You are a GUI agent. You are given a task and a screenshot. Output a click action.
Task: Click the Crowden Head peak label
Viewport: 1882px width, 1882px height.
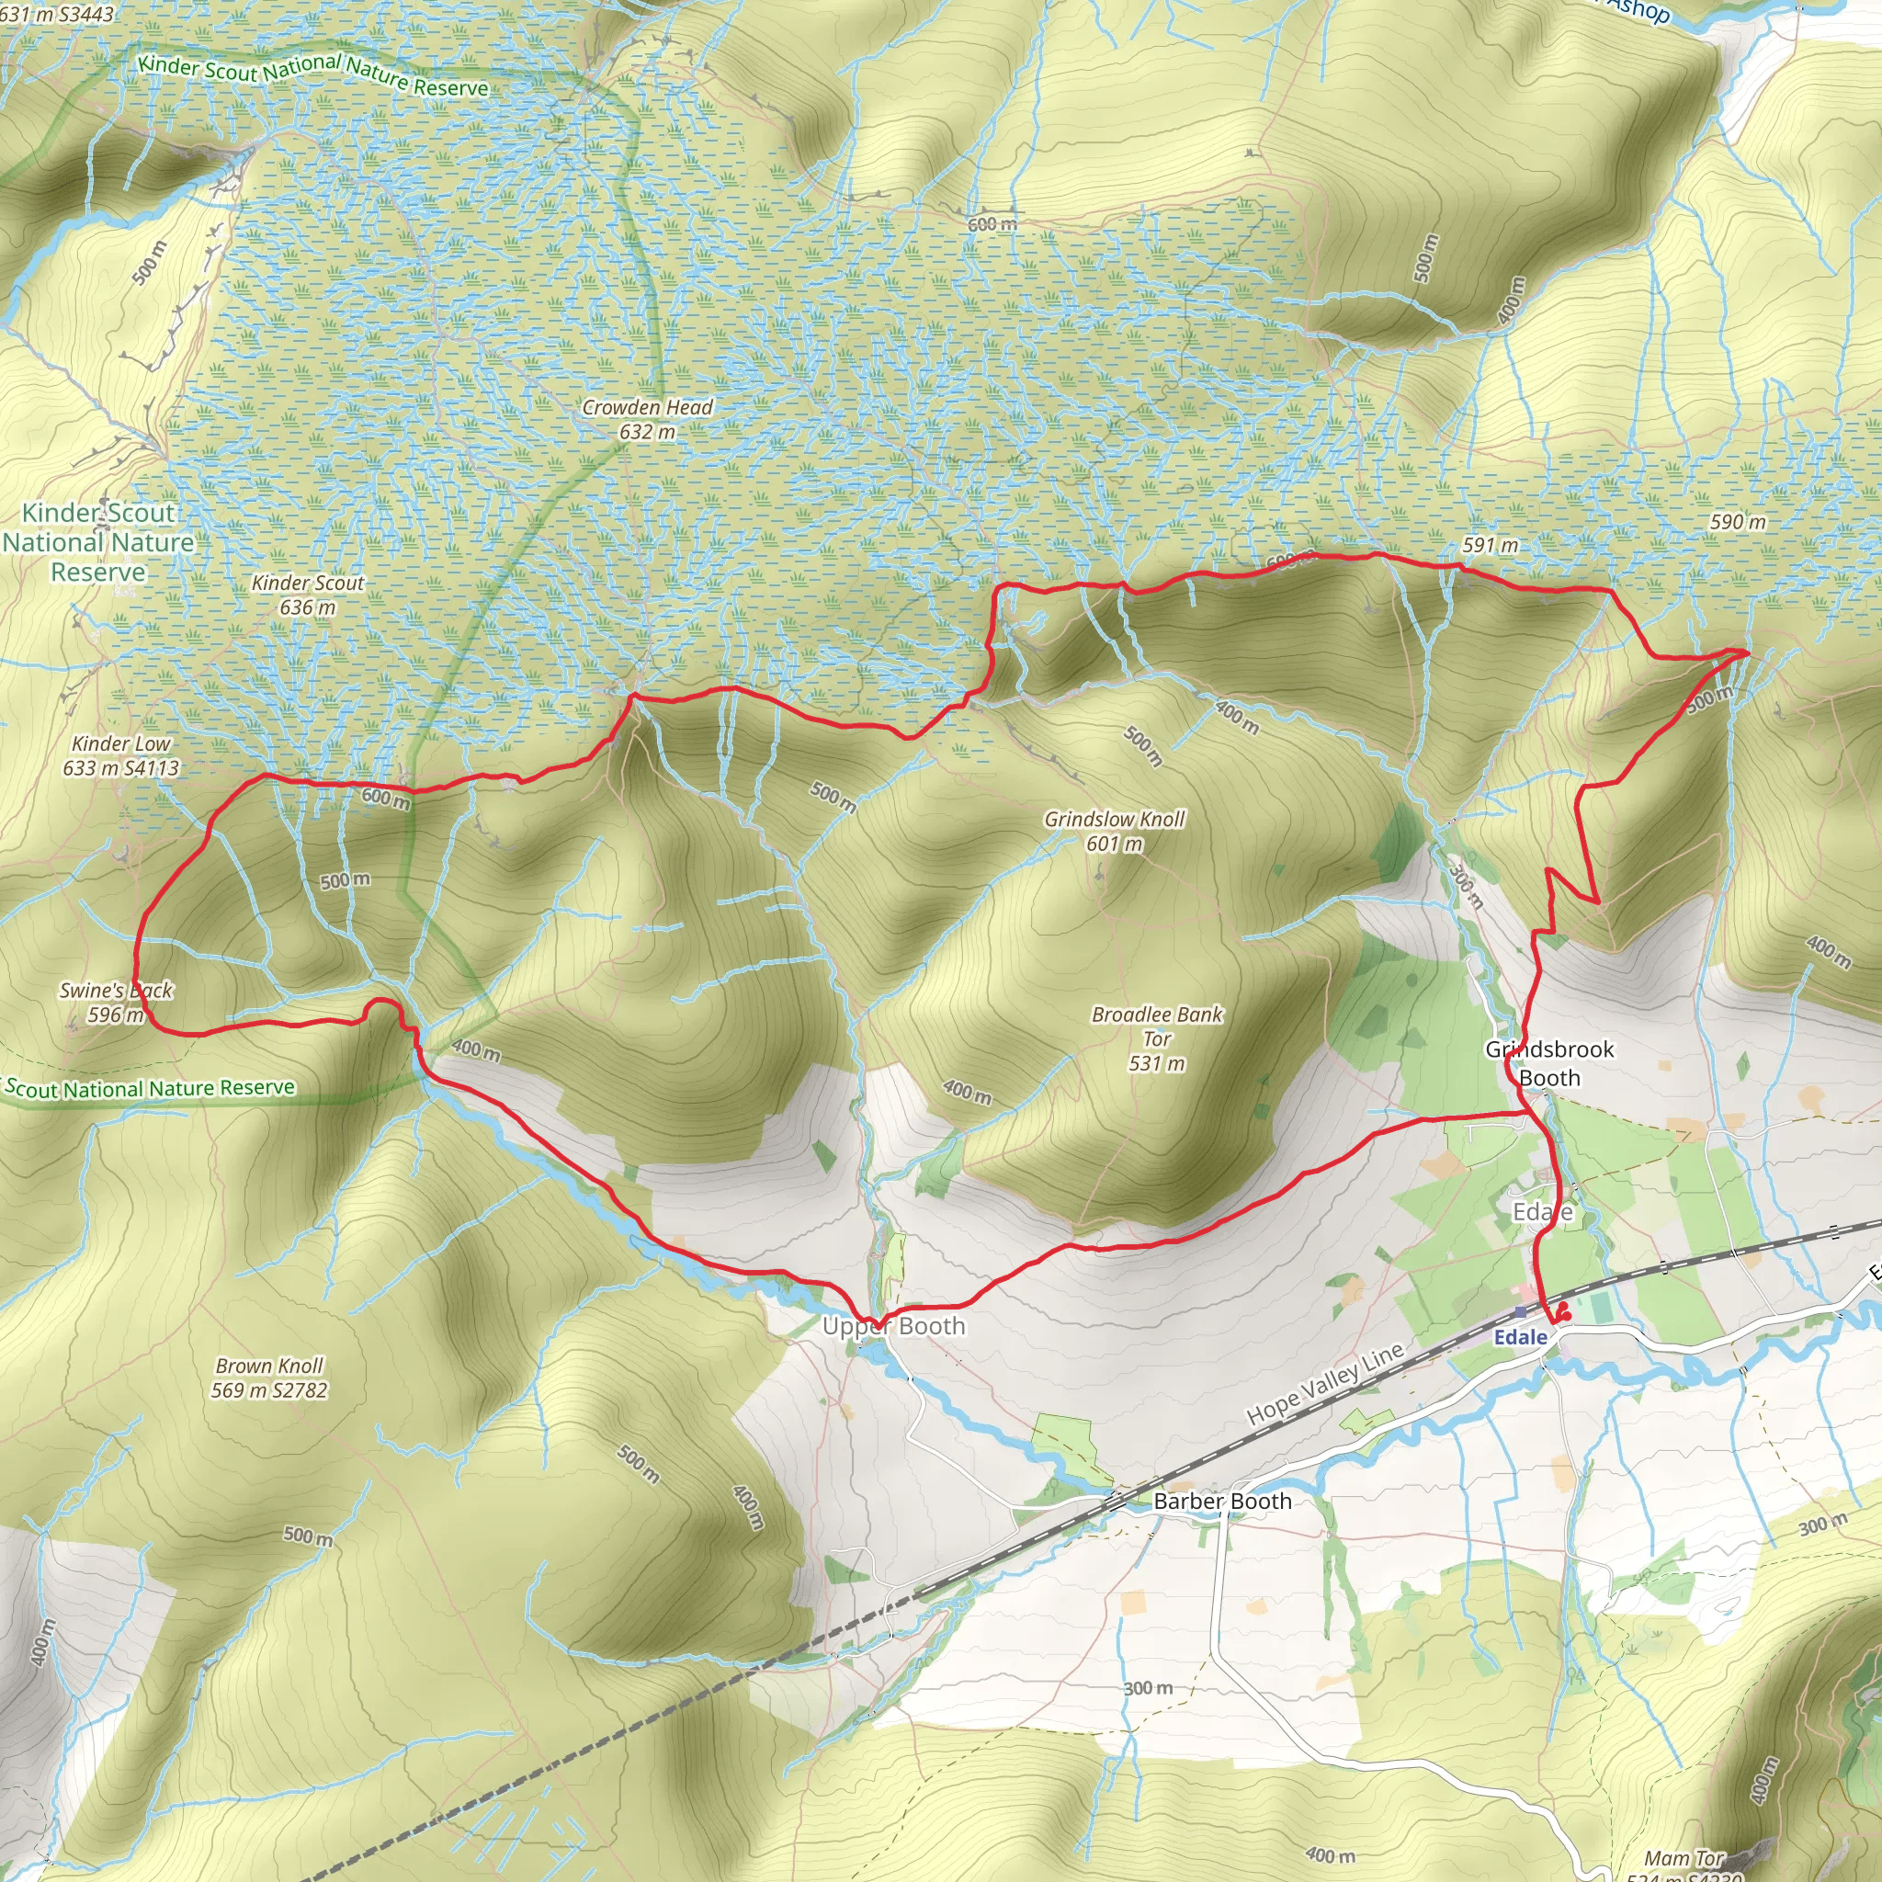(x=647, y=419)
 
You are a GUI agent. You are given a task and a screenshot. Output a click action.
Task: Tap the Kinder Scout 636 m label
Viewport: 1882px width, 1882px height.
(x=308, y=595)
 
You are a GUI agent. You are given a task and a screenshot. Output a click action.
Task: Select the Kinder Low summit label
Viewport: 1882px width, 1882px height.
(x=120, y=755)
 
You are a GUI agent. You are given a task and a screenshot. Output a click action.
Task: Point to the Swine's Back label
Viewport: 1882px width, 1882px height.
(x=115, y=1003)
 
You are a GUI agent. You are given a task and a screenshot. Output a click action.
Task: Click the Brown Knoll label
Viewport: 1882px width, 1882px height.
(x=269, y=1377)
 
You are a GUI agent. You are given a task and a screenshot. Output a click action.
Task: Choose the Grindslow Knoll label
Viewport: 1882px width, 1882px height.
(x=1115, y=831)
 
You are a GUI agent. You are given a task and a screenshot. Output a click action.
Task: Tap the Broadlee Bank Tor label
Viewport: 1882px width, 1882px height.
(x=1156, y=1038)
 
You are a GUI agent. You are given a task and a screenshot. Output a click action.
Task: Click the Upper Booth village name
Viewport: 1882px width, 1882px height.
(x=893, y=1326)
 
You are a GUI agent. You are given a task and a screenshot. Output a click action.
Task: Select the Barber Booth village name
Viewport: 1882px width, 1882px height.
(x=1222, y=1502)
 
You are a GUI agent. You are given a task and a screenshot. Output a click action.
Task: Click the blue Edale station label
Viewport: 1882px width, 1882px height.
(x=1521, y=1337)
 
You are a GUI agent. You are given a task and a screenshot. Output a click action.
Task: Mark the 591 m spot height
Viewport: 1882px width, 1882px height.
(x=1490, y=545)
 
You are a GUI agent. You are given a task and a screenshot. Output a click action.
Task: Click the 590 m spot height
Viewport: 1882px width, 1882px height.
(x=1738, y=522)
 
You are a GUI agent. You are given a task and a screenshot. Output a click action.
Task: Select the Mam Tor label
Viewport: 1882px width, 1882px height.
(x=1684, y=1859)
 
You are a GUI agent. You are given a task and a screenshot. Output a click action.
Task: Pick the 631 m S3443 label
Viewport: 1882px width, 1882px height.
(x=56, y=14)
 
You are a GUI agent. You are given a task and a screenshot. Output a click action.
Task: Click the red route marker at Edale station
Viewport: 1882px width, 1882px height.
(x=1561, y=1311)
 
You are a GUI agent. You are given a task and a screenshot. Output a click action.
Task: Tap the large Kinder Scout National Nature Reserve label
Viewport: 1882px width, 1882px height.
(x=97, y=541)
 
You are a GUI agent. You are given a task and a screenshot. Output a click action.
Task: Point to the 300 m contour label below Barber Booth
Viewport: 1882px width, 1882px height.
(x=1149, y=1688)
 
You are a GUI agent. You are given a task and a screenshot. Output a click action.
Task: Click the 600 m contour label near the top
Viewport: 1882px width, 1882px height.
(x=992, y=224)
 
